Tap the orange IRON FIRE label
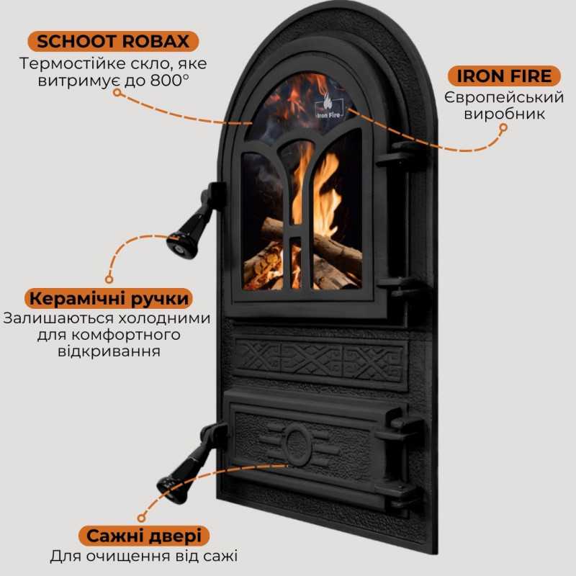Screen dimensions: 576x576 504,76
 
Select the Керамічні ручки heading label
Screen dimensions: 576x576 109,298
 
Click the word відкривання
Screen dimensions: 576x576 108,352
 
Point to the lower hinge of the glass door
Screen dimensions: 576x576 400,287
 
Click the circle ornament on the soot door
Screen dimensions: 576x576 297,442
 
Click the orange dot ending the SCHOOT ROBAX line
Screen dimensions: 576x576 251,122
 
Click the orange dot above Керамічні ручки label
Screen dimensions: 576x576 109,278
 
